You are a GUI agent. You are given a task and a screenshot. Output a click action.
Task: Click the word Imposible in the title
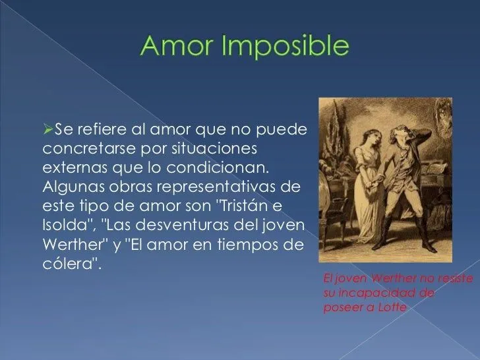(282, 47)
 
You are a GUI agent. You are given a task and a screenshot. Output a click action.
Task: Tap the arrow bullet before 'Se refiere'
(46, 125)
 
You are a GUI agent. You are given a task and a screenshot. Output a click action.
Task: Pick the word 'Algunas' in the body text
(71, 181)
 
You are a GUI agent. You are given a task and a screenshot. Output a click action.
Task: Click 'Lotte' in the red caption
(392, 308)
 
